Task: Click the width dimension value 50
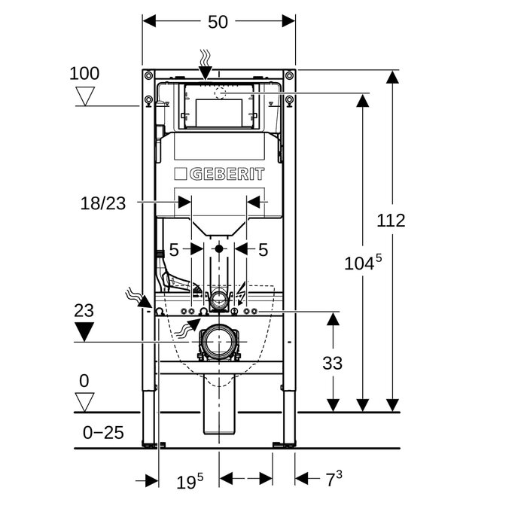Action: click(218, 23)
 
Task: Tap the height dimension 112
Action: click(391, 221)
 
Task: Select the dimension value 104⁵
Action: click(363, 263)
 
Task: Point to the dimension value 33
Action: click(333, 363)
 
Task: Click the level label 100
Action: click(84, 74)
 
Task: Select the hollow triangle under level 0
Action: click(84, 402)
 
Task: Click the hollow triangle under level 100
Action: click(84, 96)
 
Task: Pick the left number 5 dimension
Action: click(174, 249)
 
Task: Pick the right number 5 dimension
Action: click(263, 249)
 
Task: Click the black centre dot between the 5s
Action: click(219, 248)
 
